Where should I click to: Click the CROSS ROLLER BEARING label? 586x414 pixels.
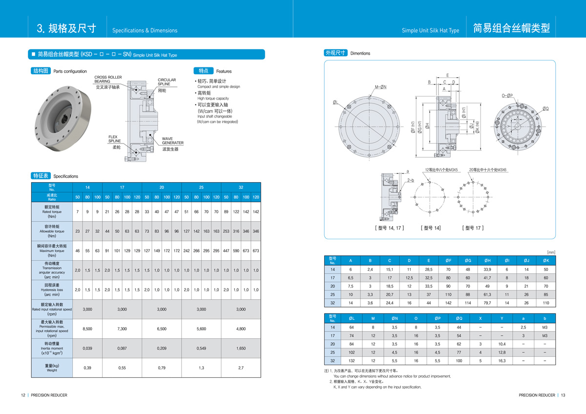click(x=108, y=80)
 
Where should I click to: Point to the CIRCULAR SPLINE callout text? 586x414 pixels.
click(x=167, y=82)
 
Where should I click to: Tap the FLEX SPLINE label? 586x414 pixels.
click(x=114, y=139)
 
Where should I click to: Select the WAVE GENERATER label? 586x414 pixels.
click(x=173, y=141)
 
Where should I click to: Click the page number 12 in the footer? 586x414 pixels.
click(x=22, y=395)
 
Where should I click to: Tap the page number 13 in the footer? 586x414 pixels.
click(x=563, y=395)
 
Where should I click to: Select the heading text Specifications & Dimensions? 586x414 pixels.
click(x=145, y=30)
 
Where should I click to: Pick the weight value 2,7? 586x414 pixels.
click(x=241, y=368)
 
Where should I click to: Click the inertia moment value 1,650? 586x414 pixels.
click(x=241, y=348)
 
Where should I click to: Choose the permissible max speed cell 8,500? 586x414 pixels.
click(x=87, y=329)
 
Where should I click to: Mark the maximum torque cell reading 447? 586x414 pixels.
click(x=226, y=250)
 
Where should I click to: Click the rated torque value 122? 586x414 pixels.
click(x=236, y=211)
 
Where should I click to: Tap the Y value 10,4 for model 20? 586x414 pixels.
click(x=502, y=344)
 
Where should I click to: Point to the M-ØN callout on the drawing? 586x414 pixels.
click(x=380, y=87)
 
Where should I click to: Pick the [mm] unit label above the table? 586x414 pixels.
click(x=551, y=252)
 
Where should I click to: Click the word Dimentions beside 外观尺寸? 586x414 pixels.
click(x=360, y=53)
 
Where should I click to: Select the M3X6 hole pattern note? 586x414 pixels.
click(x=488, y=170)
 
